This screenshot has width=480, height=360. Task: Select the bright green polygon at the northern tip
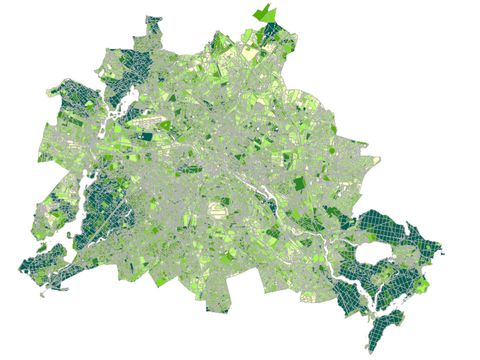pos(266,13)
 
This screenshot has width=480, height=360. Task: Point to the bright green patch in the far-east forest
pos(424,285)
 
